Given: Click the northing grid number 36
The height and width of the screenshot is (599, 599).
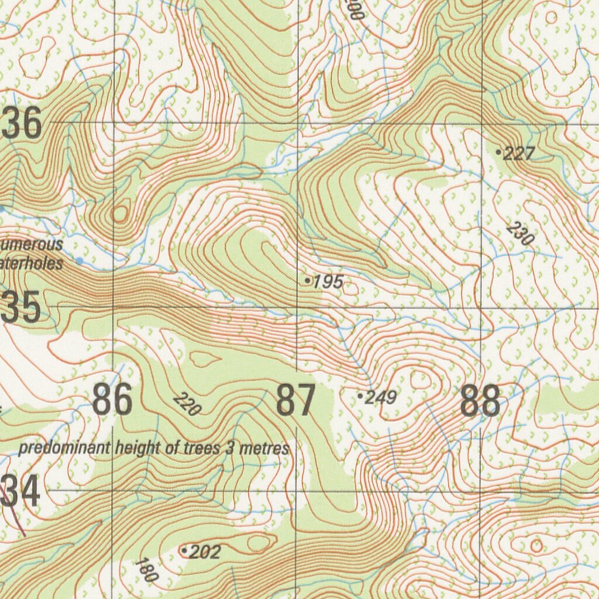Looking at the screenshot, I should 22,123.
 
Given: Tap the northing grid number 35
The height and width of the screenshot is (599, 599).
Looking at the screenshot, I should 20,308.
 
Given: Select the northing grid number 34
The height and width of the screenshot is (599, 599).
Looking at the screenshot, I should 20,491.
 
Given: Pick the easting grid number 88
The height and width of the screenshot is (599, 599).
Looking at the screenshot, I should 480,401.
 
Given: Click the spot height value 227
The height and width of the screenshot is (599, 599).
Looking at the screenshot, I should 519,154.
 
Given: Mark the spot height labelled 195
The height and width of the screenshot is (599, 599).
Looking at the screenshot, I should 328,283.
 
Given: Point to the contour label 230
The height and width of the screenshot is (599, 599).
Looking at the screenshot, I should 520,233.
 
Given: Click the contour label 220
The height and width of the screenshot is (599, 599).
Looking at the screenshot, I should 187,404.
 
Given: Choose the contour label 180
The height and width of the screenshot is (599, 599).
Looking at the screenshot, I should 146,570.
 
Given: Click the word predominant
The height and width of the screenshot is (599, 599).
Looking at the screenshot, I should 65,449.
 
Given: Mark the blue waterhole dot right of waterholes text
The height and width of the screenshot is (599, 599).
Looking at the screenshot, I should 80,260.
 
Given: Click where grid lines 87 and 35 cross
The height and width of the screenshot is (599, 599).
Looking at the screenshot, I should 298,307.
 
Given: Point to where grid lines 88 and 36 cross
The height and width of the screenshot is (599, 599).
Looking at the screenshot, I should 481,123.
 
